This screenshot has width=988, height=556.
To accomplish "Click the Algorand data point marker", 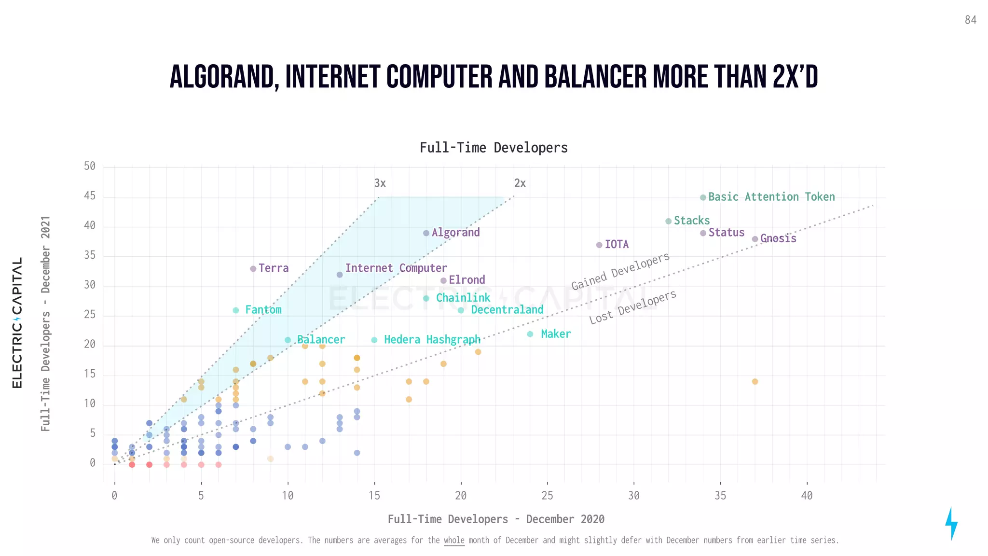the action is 426,233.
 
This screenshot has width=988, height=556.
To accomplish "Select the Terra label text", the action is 274,268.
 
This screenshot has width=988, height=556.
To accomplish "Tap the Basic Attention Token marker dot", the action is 703,197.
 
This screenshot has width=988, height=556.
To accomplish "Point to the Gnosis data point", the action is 755,239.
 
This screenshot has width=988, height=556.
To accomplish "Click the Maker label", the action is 556,334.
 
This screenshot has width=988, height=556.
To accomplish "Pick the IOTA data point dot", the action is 599,245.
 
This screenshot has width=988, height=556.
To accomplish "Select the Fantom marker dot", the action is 236,310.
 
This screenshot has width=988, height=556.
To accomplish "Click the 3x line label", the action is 380,183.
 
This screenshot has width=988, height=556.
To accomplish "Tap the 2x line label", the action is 520,183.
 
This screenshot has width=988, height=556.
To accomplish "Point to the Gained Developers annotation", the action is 620,272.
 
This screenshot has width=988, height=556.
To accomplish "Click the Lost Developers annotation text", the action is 632,307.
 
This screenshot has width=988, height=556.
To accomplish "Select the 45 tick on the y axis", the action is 90,196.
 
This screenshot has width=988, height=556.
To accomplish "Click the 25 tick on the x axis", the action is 547,496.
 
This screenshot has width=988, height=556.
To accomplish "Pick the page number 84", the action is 971,20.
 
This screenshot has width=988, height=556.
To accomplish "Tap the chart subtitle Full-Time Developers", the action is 494,148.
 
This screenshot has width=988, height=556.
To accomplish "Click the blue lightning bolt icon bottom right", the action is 951,523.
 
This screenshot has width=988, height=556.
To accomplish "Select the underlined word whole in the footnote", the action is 454,540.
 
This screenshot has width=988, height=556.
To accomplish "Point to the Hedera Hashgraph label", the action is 432,340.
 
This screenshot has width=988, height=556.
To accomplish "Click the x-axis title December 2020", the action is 565,519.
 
